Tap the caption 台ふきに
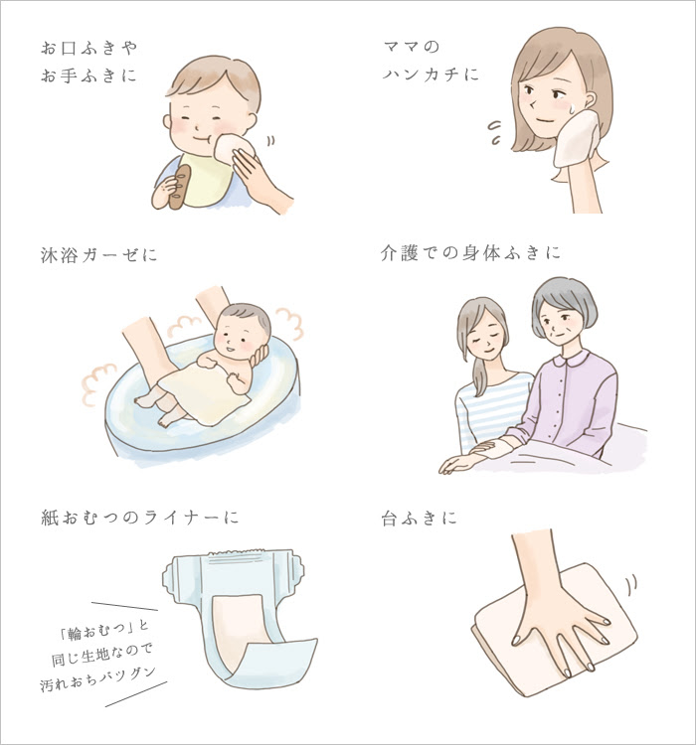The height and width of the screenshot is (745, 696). pyautogui.click(x=419, y=518)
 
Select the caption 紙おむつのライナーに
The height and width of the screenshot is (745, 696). pyautogui.click(x=139, y=518)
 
